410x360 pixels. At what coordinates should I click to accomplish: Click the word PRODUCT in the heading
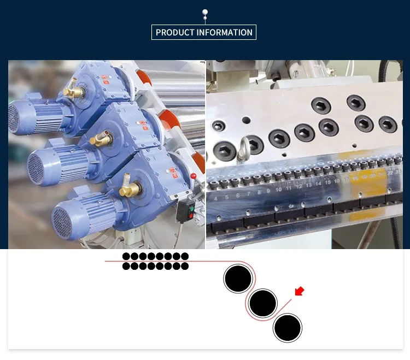175,32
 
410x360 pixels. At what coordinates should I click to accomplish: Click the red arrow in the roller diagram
299,291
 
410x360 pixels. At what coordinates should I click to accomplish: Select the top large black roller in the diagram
238,279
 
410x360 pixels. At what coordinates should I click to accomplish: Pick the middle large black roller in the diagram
263,302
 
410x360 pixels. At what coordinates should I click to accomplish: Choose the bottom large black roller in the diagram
288,328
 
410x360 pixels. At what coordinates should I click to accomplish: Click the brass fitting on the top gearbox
70,92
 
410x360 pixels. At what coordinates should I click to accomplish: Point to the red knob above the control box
193,176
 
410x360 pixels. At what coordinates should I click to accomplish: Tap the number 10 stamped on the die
279,189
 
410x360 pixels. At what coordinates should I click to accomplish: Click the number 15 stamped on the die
327,181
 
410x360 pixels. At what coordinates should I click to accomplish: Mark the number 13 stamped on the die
308,185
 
